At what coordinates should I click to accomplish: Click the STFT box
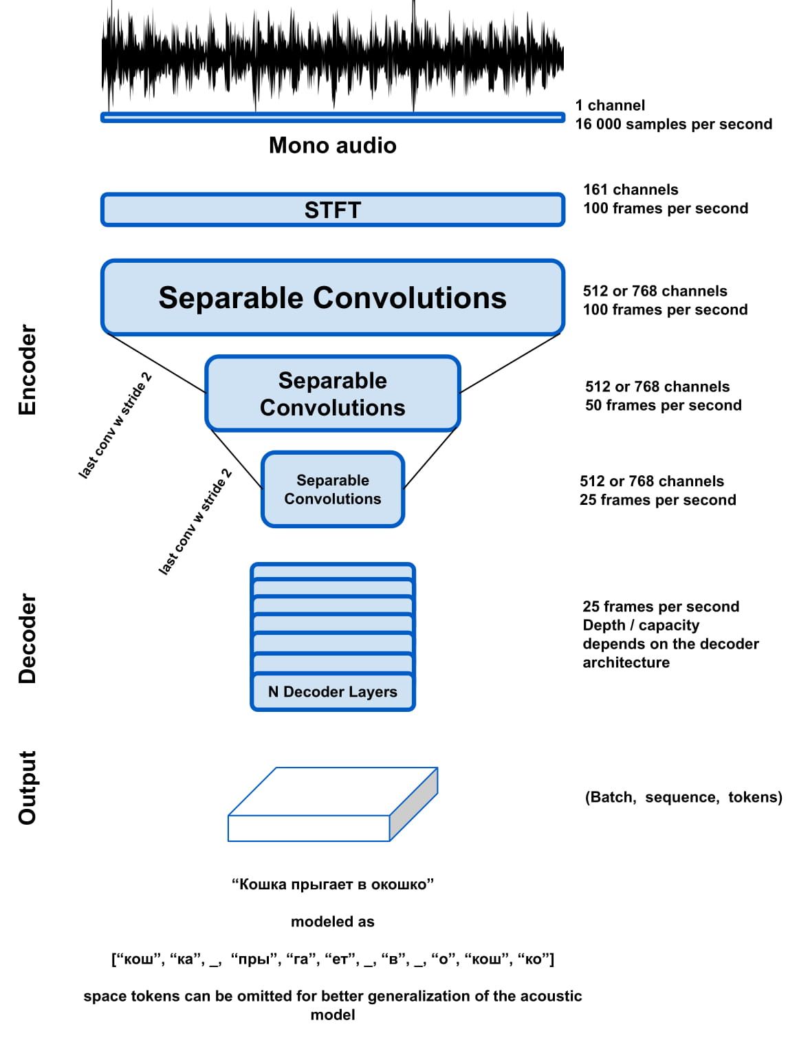(332, 210)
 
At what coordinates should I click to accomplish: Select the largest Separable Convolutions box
(332, 298)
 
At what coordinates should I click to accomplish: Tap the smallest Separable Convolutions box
(333, 490)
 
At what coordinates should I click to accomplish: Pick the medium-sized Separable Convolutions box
(333, 393)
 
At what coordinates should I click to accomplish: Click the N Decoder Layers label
(333, 692)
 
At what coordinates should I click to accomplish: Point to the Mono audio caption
(333, 145)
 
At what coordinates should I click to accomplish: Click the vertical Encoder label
(27, 369)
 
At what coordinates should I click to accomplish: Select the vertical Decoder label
(27, 638)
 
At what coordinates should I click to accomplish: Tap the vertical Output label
(27, 788)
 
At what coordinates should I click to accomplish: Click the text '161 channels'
(631, 190)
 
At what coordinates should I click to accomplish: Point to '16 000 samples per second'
(673, 124)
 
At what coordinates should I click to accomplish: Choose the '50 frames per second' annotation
(663, 405)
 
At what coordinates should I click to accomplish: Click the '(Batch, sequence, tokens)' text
(683, 797)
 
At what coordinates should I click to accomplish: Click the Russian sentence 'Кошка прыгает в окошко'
(333, 885)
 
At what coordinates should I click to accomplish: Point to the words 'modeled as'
(333, 922)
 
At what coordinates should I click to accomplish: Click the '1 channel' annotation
(610, 105)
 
